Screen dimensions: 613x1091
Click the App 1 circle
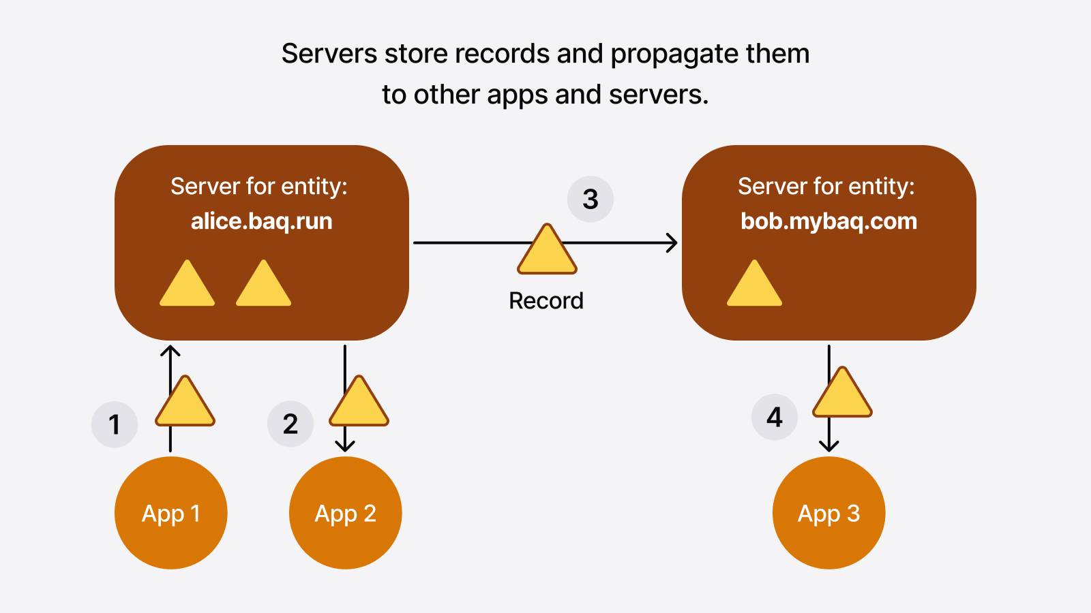pos(170,513)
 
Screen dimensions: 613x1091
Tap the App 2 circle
pos(345,513)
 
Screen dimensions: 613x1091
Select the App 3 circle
pos(828,513)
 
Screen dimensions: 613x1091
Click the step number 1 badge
pos(115,424)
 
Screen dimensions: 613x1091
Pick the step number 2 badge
pos(290,424)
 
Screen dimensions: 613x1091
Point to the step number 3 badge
pos(591,199)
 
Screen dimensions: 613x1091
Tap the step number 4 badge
pos(774,417)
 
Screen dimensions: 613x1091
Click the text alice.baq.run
pos(261,221)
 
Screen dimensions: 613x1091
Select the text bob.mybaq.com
pos(828,221)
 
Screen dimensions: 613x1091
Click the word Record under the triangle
pos(545,300)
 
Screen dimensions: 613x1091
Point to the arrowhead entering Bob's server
pos(672,242)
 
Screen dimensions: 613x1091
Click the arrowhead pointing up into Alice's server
pos(170,350)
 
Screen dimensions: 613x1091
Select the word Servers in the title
pos(329,54)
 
